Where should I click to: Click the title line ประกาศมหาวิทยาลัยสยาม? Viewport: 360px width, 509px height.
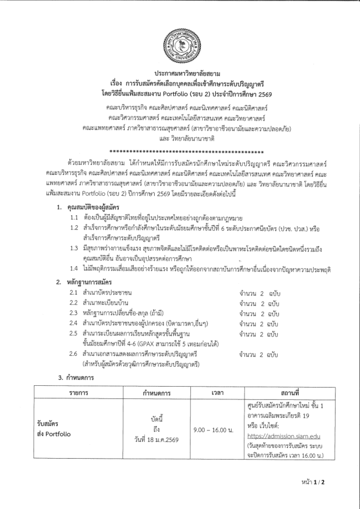coord(180,74)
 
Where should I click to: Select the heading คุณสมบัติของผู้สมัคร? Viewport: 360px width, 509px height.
coord(92,206)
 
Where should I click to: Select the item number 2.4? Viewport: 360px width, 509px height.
coord(74,324)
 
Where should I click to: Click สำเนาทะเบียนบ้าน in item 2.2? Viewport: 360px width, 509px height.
coord(105,303)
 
